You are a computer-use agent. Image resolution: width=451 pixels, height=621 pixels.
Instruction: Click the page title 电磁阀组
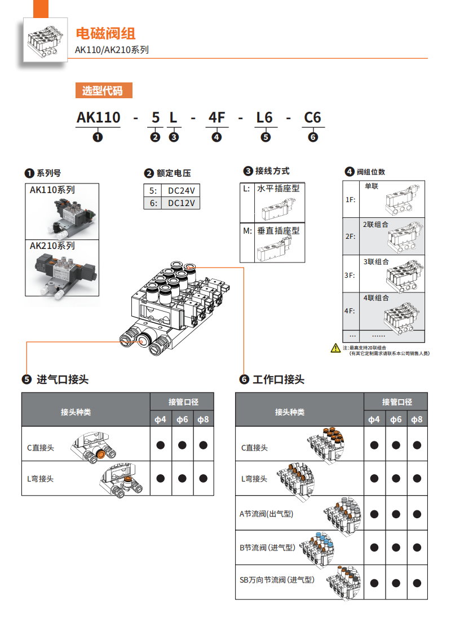click(105, 34)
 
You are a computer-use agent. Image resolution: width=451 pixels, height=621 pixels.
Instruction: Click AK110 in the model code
click(98, 117)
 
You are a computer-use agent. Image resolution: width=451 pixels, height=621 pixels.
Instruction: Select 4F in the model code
click(217, 117)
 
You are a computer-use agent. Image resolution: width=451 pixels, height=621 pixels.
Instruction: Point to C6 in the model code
click(313, 117)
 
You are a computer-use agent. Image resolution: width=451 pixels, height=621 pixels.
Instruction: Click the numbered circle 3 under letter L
click(174, 137)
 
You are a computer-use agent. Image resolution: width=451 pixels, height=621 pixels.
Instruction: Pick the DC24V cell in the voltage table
click(180, 190)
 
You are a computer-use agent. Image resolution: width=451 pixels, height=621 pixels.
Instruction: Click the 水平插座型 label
click(278, 189)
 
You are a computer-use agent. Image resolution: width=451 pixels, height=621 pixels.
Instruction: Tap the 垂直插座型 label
click(278, 231)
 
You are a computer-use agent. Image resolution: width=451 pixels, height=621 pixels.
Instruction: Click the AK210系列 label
click(52, 246)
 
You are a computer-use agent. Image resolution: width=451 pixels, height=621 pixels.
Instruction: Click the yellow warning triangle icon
click(335, 348)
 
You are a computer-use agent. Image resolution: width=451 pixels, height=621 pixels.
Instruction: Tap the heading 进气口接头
click(63, 379)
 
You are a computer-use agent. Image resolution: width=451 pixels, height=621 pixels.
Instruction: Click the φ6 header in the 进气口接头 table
click(182, 419)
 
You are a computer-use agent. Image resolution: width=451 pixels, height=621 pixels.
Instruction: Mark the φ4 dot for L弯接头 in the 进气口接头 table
click(161, 478)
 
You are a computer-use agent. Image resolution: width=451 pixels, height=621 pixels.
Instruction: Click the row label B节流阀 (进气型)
click(267, 548)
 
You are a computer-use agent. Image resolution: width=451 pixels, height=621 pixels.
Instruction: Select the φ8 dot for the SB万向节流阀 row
click(417, 583)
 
